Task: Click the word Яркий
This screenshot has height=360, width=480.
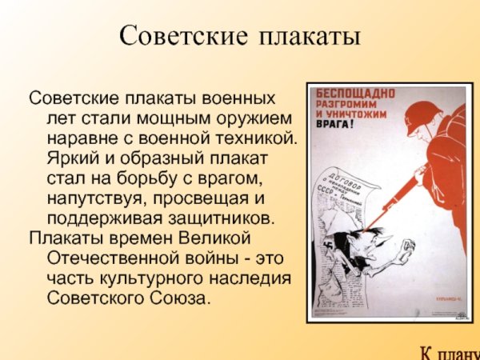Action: tap(71, 158)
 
